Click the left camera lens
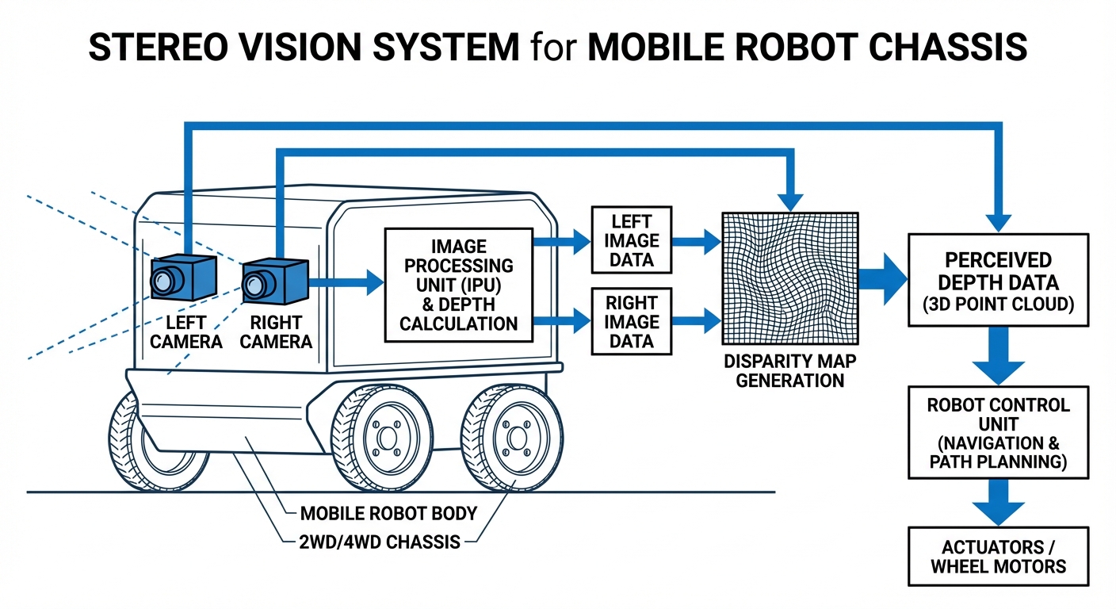coord(164,279)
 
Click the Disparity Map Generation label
coord(789,371)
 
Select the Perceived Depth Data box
coord(998,280)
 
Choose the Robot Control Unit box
coord(998,432)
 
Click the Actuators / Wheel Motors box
coord(998,557)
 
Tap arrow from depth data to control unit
coord(998,357)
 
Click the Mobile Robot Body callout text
coord(388,514)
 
